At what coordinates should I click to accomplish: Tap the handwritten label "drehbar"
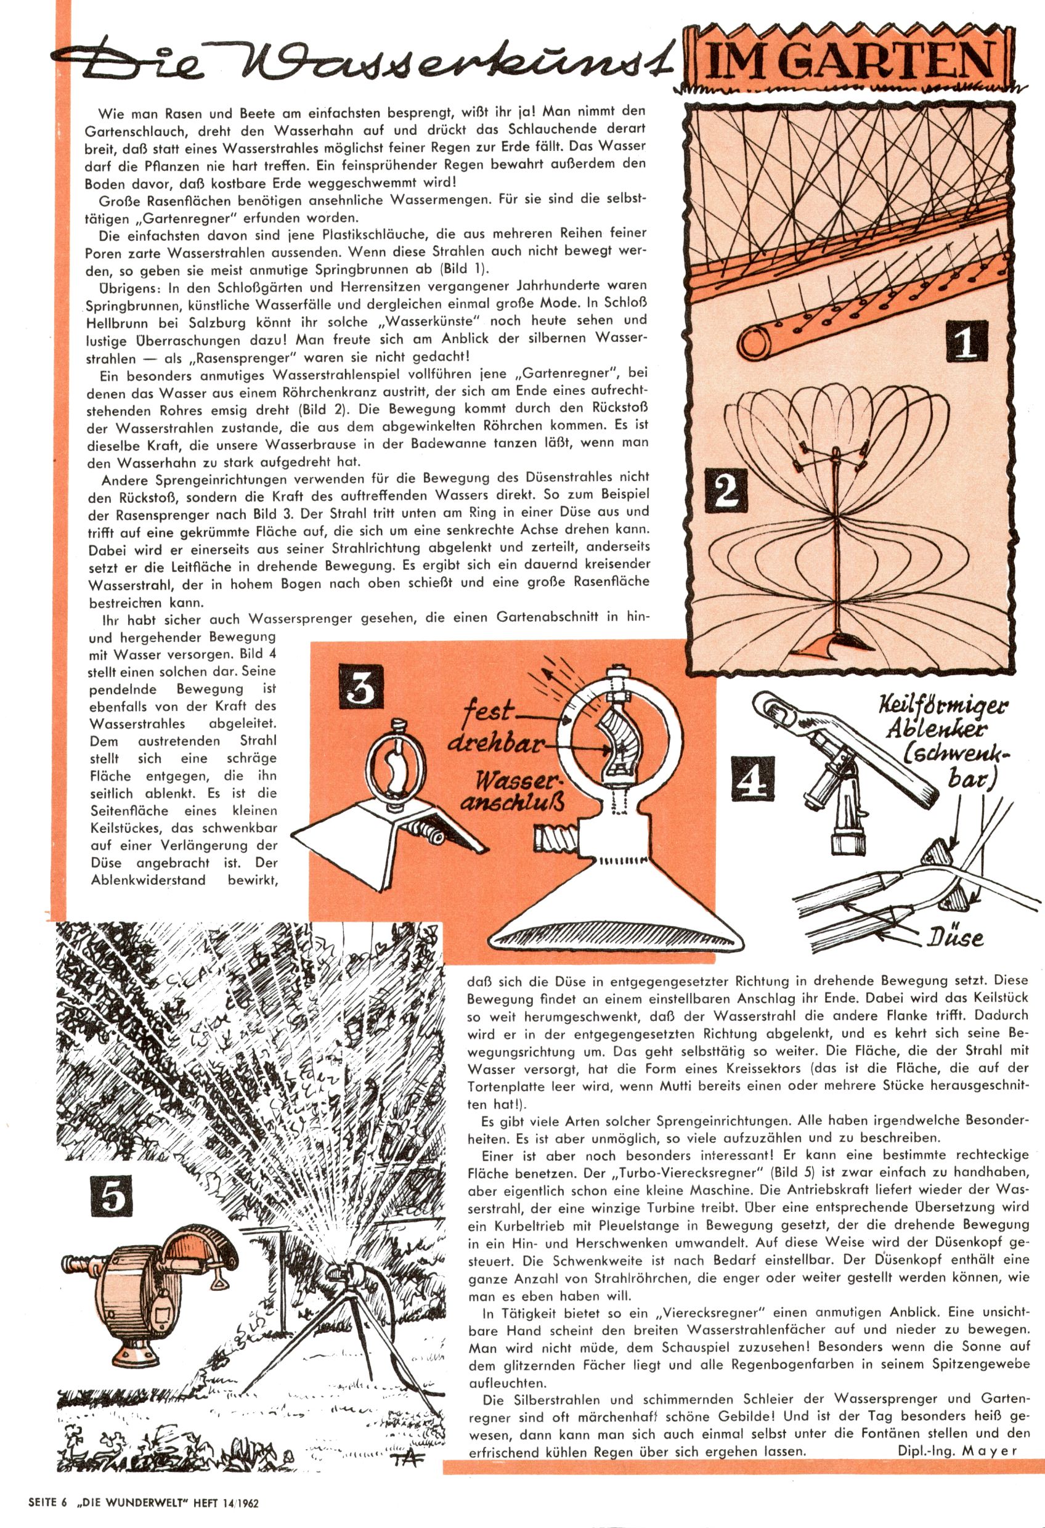(x=503, y=747)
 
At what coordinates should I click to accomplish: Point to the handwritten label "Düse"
(x=956, y=935)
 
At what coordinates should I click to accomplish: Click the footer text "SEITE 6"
(x=48, y=1516)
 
